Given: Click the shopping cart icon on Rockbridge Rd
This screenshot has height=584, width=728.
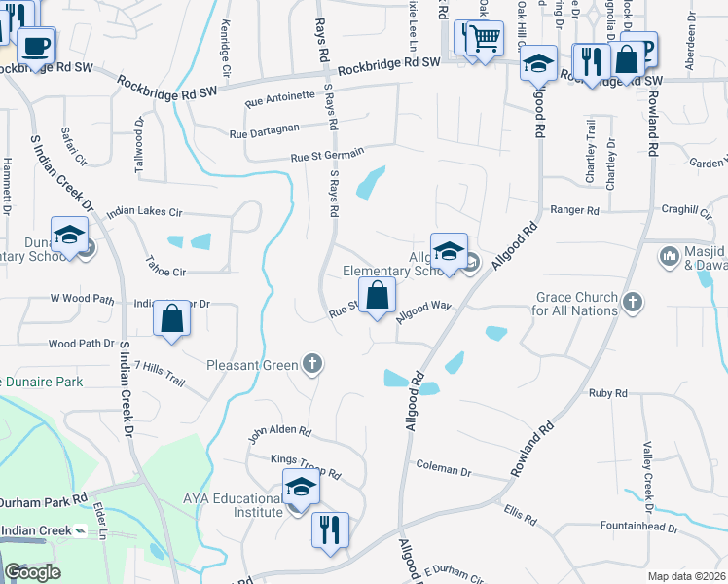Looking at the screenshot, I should pos(484,40).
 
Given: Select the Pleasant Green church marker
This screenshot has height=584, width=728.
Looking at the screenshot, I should pos(312,365).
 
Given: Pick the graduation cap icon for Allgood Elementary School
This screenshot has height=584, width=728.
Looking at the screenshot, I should pos(449,251).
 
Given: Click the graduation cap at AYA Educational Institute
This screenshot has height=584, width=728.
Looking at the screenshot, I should pos(301,487).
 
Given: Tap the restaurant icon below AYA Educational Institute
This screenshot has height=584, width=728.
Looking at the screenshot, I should pos(330,530).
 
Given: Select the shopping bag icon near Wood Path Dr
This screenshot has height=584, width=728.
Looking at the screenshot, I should pos(171,318).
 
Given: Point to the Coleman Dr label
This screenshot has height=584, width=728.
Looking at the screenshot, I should pos(443,471).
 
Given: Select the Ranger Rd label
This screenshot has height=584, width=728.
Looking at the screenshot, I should pos(574,209).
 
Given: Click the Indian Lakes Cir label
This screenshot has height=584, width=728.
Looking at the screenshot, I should pos(144,210).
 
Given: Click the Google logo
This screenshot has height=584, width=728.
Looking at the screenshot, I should pos(32,572).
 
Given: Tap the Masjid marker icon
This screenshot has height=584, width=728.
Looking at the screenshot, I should pos(668,257).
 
